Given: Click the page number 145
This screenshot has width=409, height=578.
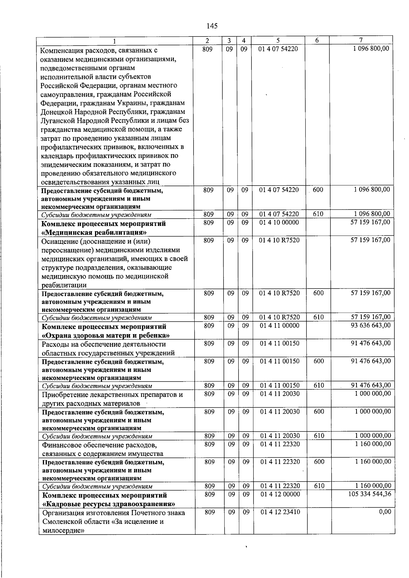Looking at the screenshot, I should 212,26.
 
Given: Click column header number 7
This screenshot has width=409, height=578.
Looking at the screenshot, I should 360,40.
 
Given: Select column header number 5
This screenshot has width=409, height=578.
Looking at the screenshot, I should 278,40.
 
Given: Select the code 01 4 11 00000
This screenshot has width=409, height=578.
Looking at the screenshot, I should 279,326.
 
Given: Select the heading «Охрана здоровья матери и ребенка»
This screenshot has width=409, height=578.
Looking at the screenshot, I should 106,335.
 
